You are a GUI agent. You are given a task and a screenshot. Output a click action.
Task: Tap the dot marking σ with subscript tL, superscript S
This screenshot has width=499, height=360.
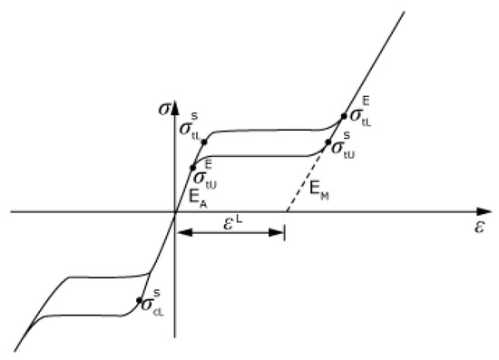(x=204, y=141)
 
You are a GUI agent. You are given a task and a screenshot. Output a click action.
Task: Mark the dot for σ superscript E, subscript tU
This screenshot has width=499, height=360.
(x=192, y=167)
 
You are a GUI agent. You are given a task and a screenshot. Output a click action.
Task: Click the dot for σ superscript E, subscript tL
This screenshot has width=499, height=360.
(x=343, y=116)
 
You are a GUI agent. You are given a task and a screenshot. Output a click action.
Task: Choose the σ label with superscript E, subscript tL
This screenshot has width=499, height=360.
(x=359, y=113)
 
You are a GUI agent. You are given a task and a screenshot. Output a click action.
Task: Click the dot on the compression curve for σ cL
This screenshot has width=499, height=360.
(x=140, y=300)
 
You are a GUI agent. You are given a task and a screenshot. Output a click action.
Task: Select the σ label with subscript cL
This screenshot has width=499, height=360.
(x=155, y=304)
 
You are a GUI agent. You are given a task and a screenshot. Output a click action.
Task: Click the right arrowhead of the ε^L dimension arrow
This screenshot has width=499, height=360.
(x=280, y=233)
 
